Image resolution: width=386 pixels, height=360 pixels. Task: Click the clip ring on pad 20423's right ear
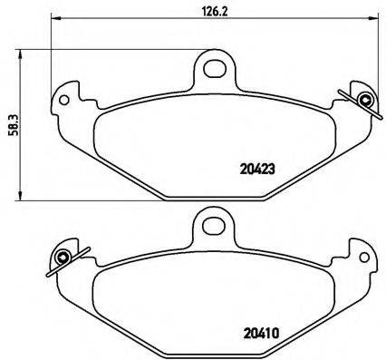click(x=364, y=100)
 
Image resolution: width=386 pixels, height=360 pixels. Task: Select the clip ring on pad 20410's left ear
click(x=61, y=258)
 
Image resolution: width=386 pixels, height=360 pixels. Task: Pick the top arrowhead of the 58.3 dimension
click(x=23, y=53)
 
